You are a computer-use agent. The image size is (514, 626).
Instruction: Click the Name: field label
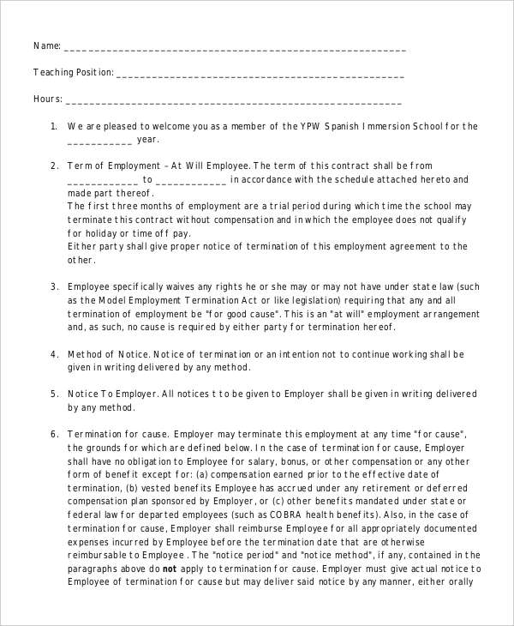click(47, 45)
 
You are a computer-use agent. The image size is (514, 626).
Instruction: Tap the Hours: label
click(48, 99)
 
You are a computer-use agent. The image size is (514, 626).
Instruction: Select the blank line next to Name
click(235, 48)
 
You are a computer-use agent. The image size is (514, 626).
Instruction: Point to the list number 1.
click(53, 126)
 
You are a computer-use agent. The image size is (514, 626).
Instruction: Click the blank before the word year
click(99, 141)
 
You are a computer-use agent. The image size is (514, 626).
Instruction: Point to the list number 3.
click(53, 286)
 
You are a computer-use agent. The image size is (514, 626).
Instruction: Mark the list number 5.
click(53, 394)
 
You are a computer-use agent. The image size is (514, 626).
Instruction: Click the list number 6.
click(53, 434)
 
